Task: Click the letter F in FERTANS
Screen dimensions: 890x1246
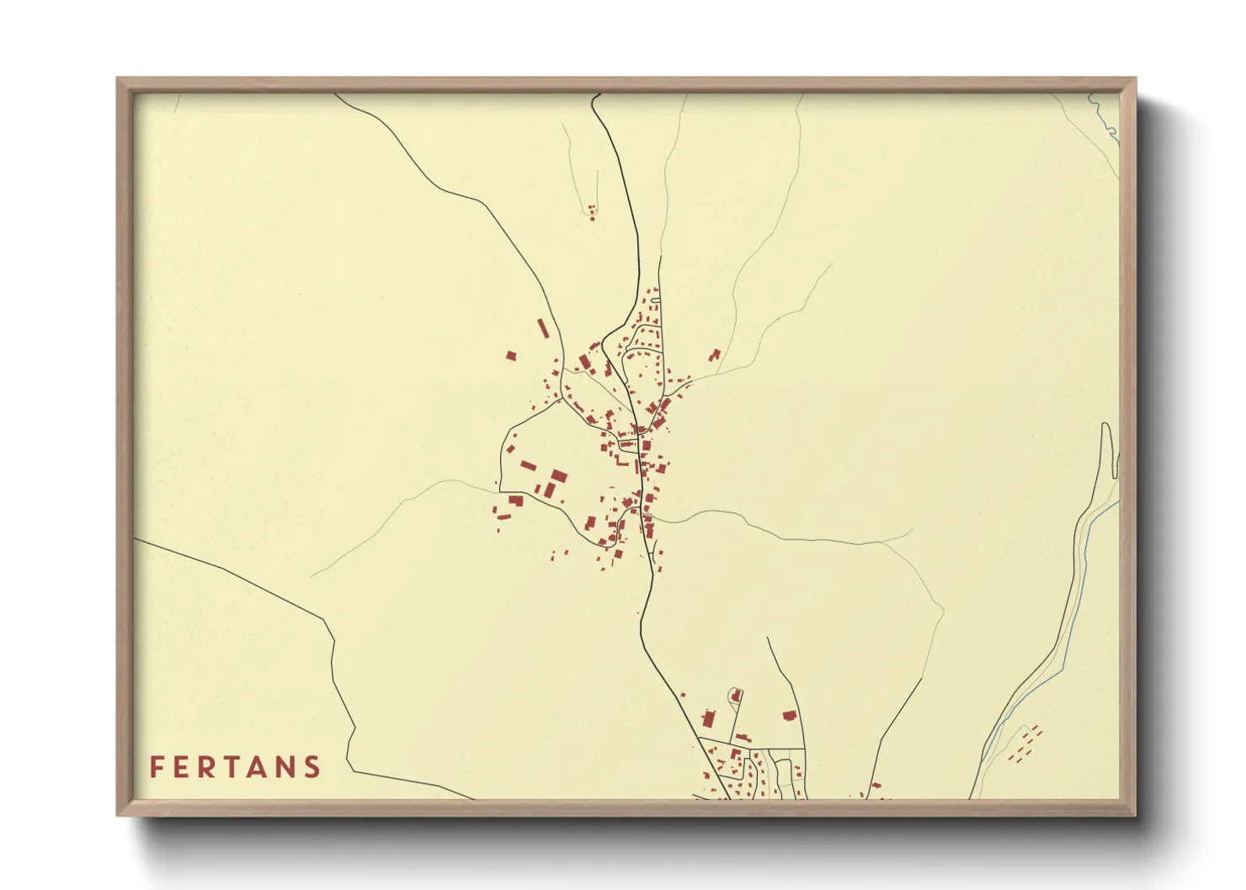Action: click(156, 767)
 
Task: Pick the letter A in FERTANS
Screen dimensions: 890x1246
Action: click(260, 767)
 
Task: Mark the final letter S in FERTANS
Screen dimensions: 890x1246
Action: click(313, 767)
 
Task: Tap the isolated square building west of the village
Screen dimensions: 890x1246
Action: click(510, 356)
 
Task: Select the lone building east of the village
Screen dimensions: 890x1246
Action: click(715, 355)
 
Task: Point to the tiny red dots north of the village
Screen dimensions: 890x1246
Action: click(591, 211)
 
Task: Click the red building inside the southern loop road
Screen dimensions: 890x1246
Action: click(736, 697)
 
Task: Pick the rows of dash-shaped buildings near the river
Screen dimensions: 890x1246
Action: click(1025, 744)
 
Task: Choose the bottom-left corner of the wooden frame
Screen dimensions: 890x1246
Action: click(119, 813)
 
